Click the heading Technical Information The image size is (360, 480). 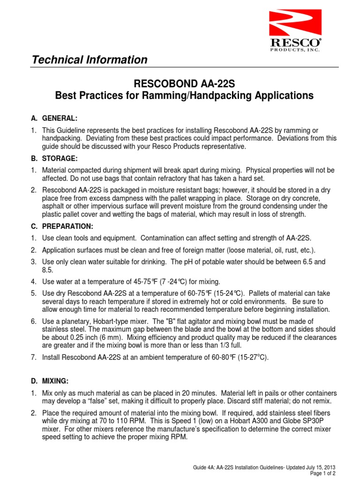pos(89,60)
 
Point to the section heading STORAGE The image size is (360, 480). pos(60,158)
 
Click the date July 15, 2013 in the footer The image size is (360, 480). pos(315,468)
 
